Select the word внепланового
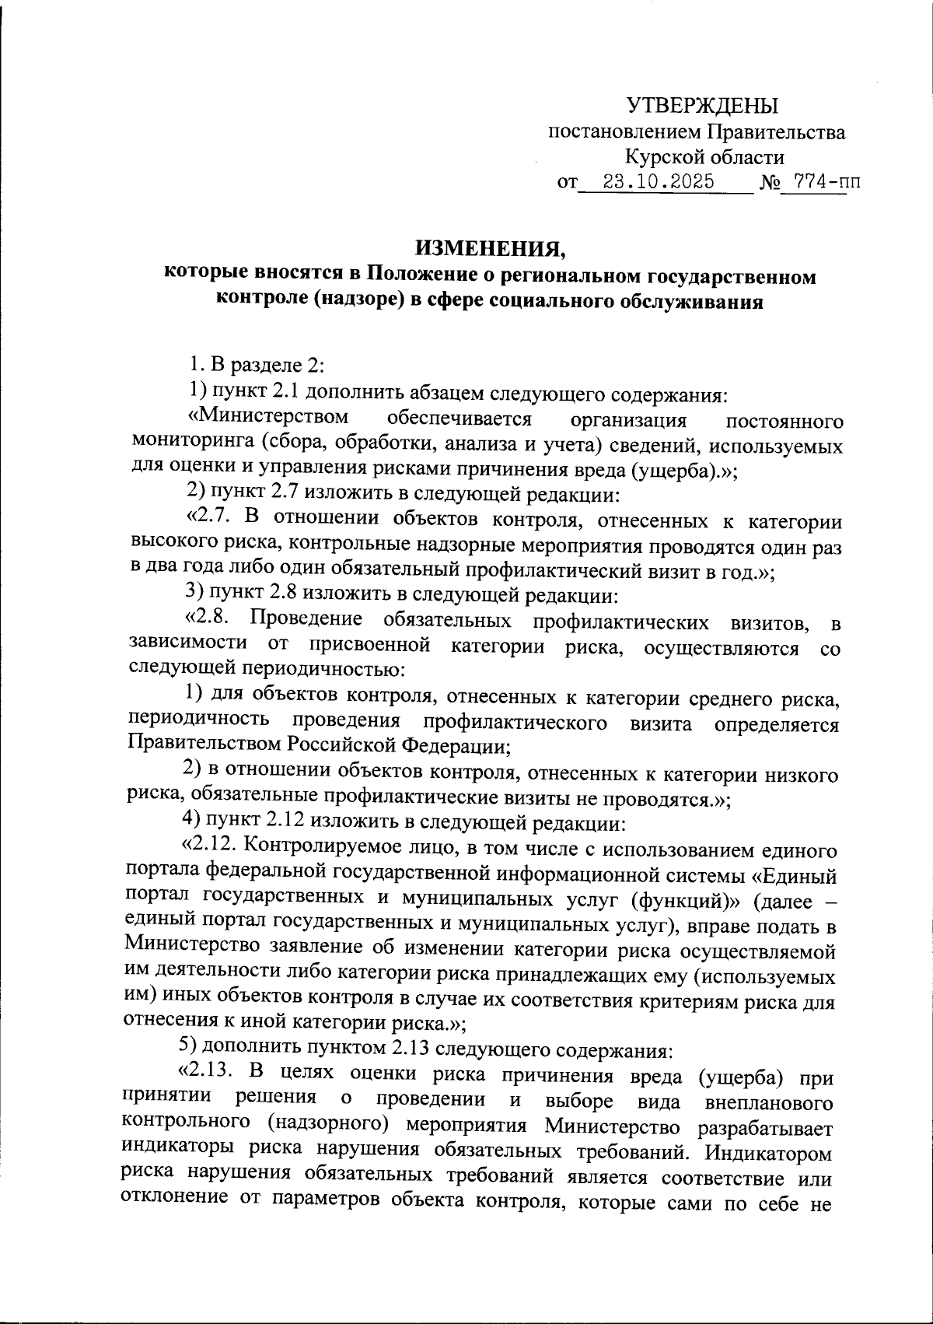pyautogui.click(x=767, y=1103)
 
